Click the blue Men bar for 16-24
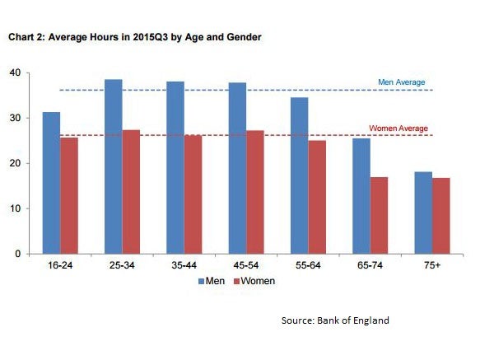51,183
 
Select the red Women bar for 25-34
130,192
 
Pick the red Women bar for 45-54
254,192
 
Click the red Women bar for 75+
442,216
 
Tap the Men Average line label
401,82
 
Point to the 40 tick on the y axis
14,72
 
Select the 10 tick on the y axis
14,208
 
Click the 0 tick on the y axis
16,254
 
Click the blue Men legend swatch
202,282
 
